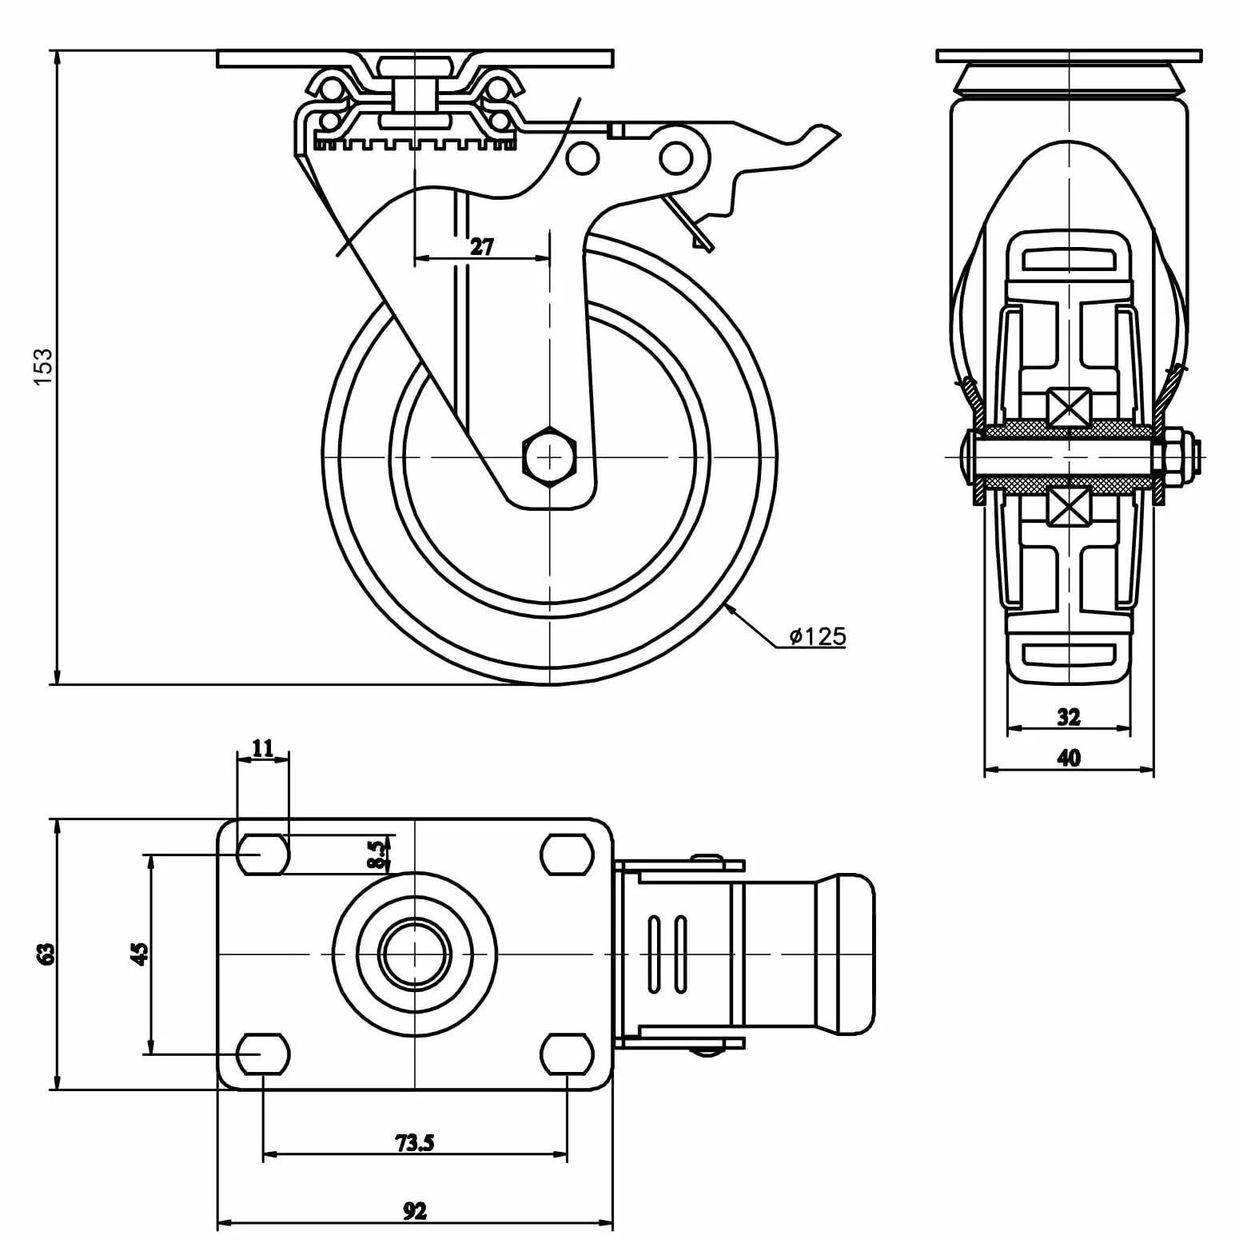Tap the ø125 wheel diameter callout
pyautogui.click(x=817, y=636)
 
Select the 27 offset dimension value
pyautogui.click(x=482, y=246)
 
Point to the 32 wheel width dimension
pyautogui.click(x=1069, y=716)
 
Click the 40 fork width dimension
pyautogui.click(x=1069, y=757)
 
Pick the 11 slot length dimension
pyautogui.click(x=262, y=747)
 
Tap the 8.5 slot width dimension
pyautogui.click(x=377, y=854)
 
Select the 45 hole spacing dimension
pyautogui.click(x=140, y=954)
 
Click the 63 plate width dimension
pyautogui.click(x=47, y=954)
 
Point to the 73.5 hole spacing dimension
pyautogui.click(x=415, y=1143)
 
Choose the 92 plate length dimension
pyautogui.click(x=415, y=1212)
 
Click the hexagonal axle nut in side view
pyautogui.click(x=549, y=456)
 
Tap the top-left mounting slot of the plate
pyautogui.click(x=263, y=855)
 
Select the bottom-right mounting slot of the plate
pyautogui.click(x=567, y=1054)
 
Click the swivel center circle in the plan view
pyautogui.click(x=415, y=954)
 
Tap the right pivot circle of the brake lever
pyautogui.click(x=676, y=157)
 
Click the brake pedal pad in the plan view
pyautogui.click(x=844, y=954)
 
